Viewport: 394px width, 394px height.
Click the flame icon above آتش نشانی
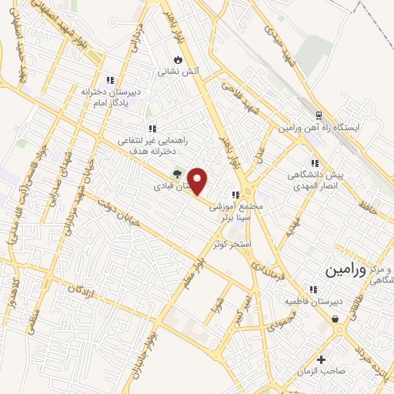pyautogui.click(x=179, y=59)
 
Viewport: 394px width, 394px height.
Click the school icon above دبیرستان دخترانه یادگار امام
pyautogui.click(x=110, y=78)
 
